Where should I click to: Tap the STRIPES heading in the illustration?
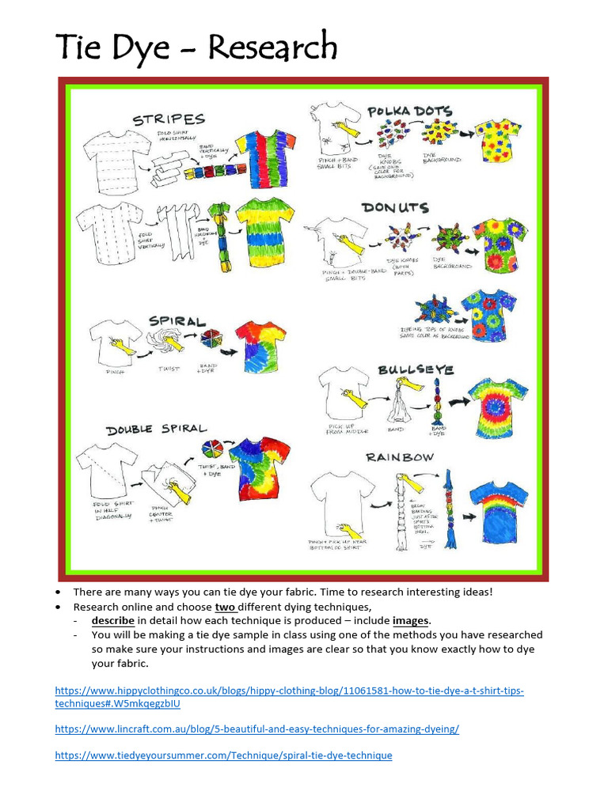coord(169,119)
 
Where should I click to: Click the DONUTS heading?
coord(395,207)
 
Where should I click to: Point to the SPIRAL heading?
coord(177,321)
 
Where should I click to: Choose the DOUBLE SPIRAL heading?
coord(157,429)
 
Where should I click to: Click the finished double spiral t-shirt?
coord(259,467)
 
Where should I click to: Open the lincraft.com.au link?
coord(256,729)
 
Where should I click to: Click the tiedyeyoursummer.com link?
coord(223,755)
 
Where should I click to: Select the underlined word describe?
coord(112,620)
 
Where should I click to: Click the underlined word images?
coord(410,620)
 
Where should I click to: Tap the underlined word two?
coord(226,606)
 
